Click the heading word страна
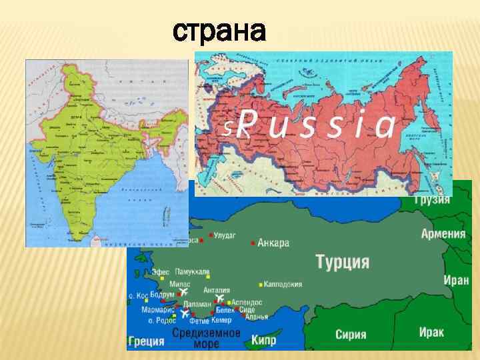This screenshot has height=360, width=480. click(219, 31)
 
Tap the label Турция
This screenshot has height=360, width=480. click(343, 261)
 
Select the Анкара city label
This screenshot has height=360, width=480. click(273, 243)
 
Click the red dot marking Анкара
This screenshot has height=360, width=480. click(253, 243)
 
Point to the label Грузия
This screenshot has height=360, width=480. click(432, 201)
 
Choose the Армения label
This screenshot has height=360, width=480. click(443, 233)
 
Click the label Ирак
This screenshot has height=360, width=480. click(431, 331)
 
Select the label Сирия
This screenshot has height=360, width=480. click(351, 334)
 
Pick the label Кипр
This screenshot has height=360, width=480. click(264, 341)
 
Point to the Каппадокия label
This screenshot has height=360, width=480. click(283, 284)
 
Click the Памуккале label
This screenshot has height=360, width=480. click(193, 272)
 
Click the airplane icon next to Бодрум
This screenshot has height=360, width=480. click(184, 291)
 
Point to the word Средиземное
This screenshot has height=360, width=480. click(207, 333)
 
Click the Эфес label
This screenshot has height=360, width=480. click(161, 272)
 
